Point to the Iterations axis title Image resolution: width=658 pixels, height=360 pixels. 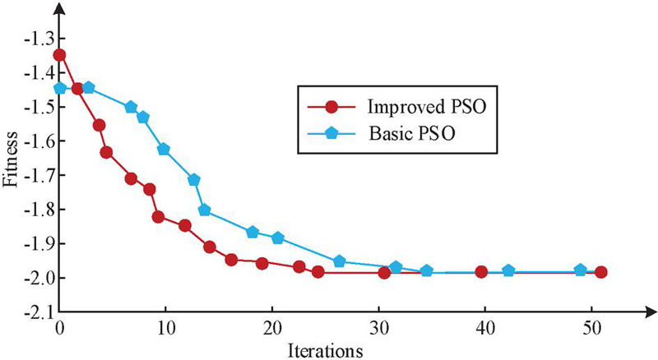(326, 352)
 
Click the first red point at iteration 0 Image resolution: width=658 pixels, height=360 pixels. (59, 55)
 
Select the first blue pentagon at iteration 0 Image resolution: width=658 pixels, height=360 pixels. (59, 88)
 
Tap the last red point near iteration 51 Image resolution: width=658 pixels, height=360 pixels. (601, 272)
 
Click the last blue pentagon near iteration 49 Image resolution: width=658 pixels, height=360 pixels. (580, 270)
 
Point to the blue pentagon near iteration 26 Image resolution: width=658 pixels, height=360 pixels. (340, 261)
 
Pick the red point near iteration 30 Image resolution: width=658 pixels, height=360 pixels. (384, 272)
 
